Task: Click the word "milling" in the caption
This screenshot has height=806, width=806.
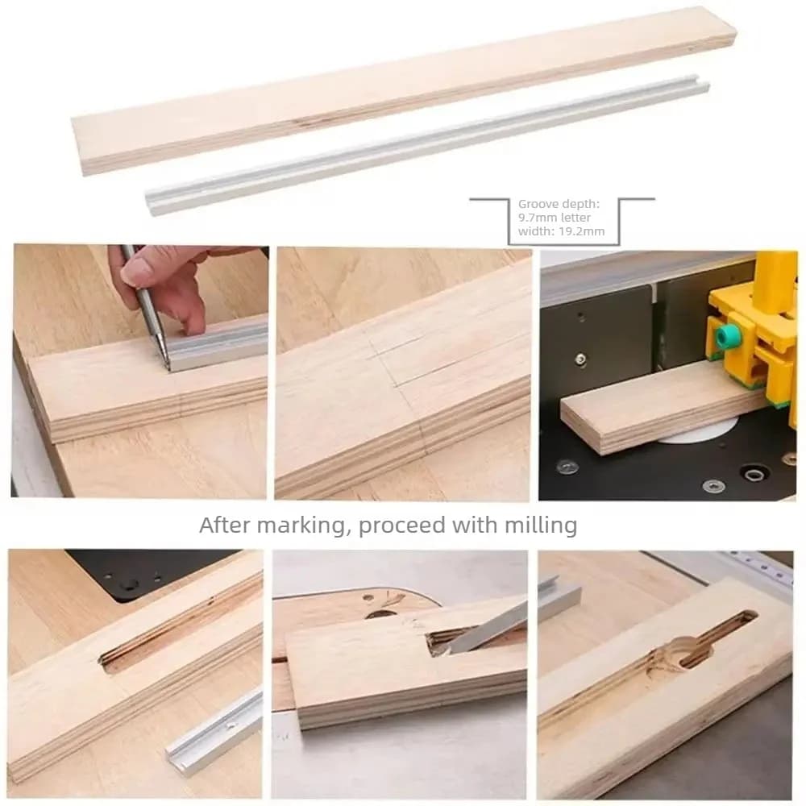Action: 540,526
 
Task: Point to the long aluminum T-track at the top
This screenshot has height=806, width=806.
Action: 426,147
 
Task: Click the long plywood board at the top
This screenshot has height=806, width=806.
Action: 404,91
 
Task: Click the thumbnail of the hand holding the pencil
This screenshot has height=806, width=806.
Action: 139,371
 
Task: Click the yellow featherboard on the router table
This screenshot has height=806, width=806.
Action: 751,330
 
